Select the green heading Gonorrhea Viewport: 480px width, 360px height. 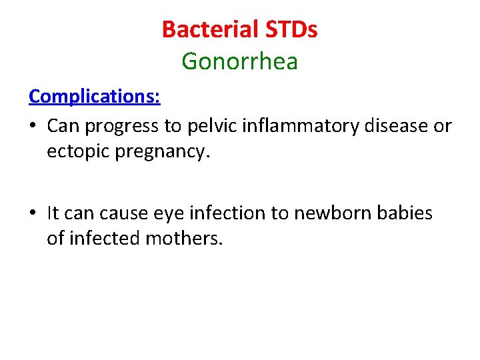tap(239, 62)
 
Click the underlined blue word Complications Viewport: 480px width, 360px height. tap(94, 96)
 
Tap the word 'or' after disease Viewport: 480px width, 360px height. tap(443, 126)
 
